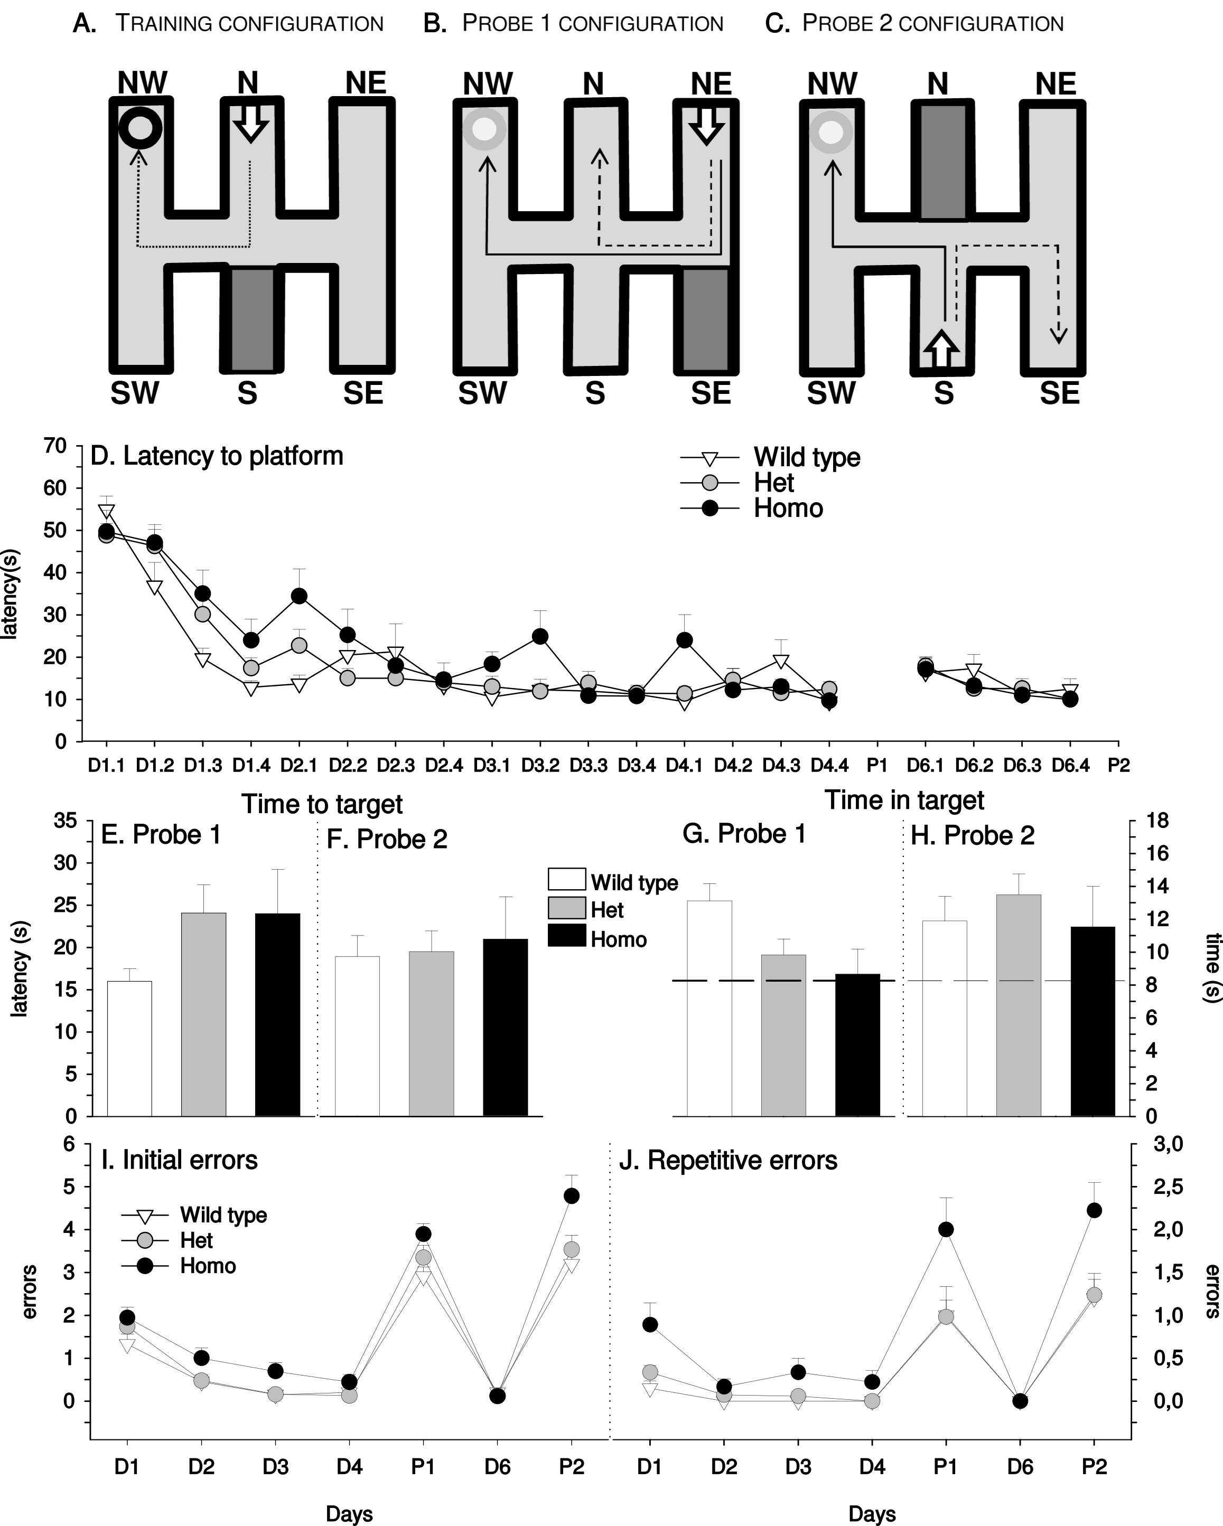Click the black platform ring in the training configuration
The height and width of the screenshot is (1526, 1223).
click(x=140, y=129)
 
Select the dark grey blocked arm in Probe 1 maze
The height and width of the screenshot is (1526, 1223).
click(x=705, y=318)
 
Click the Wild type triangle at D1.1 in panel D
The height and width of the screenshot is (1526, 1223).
click(x=107, y=512)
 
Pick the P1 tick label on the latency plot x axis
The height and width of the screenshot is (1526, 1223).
click(x=877, y=765)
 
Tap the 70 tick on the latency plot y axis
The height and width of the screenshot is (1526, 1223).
click(x=55, y=446)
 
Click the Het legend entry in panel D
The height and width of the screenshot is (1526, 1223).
click(x=773, y=483)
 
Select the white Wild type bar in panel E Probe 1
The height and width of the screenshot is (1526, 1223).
click(x=129, y=1048)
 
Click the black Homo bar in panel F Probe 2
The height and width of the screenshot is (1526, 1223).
click(x=505, y=1027)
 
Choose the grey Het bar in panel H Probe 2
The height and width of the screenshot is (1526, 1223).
click(x=1019, y=1005)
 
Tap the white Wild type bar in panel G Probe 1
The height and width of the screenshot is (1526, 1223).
click(x=709, y=1008)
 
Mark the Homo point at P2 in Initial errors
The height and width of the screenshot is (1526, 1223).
click(x=572, y=1195)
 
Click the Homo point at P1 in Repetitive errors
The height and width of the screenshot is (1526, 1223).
click(x=946, y=1229)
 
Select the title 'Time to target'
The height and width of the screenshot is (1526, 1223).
click(x=322, y=804)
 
